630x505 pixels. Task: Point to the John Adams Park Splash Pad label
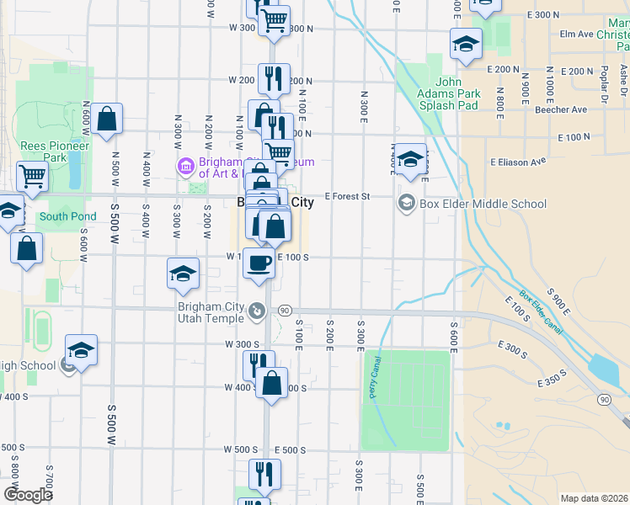click(449, 93)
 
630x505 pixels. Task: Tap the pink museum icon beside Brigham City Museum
click(184, 165)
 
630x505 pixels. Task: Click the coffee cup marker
click(259, 262)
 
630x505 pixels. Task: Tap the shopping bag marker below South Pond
click(27, 248)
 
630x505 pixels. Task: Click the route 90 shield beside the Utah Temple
click(285, 311)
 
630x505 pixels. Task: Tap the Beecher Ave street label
click(561, 109)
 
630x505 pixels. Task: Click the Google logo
click(28, 494)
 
